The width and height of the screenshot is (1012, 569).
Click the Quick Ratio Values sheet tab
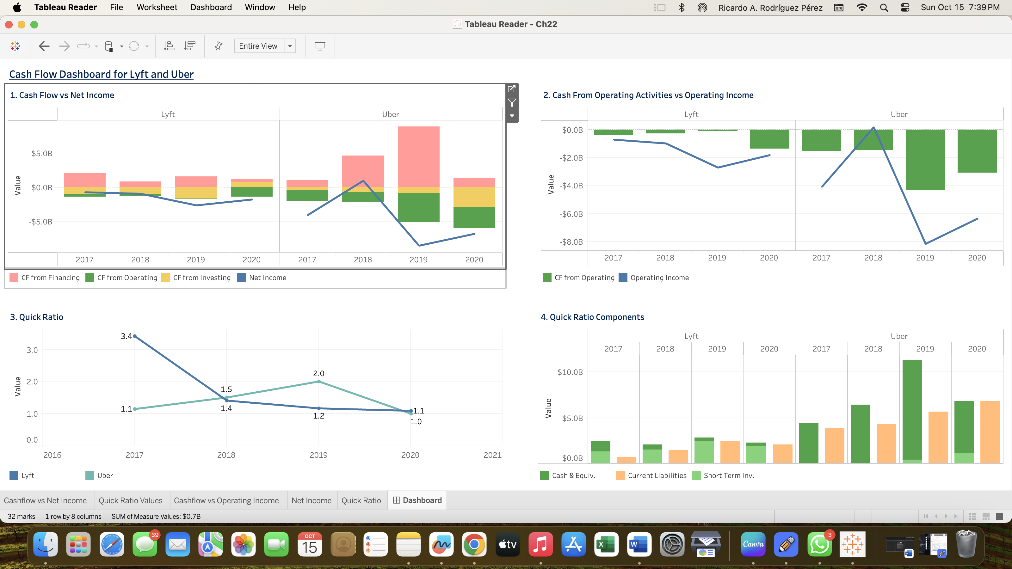130,500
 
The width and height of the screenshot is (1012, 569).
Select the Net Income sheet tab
311,500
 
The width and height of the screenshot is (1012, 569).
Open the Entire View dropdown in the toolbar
290,46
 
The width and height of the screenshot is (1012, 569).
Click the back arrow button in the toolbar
44,46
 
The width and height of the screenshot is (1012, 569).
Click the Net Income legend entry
267,278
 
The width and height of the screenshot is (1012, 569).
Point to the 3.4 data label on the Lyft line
126,336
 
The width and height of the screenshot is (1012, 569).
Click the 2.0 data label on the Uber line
318,373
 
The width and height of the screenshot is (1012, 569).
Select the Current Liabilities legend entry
657,475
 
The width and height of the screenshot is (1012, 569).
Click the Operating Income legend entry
659,278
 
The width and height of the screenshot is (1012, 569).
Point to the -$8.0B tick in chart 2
571,242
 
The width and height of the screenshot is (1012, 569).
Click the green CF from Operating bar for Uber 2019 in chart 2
925,159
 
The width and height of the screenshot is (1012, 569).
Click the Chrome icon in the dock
474,544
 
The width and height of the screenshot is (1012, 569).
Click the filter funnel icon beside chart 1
511,103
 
